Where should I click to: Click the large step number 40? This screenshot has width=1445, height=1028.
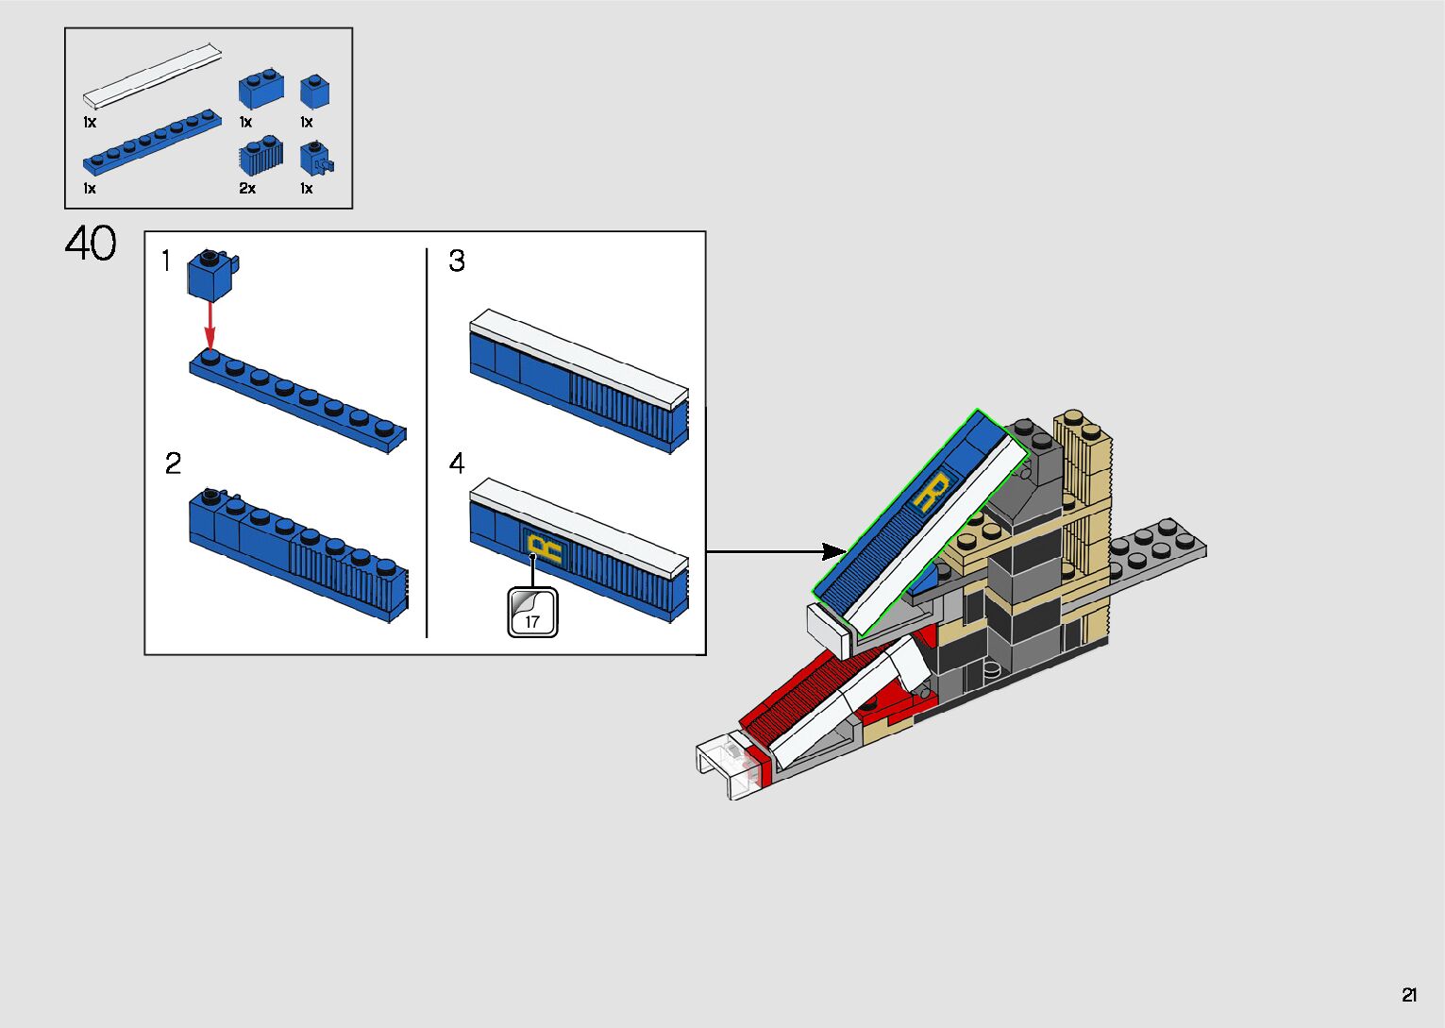[x=91, y=244]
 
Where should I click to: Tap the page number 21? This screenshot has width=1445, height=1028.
[x=1409, y=995]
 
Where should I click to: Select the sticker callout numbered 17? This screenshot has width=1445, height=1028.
[x=532, y=613]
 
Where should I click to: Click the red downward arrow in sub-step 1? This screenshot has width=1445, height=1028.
[x=210, y=325]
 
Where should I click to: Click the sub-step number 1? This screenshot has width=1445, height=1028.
[x=166, y=261]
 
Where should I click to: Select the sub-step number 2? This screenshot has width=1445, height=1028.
[x=173, y=463]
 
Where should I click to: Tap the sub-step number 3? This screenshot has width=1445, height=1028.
[x=457, y=261]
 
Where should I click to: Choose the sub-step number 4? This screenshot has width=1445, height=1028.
[x=457, y=463]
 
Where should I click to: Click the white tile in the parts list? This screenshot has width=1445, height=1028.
[x=153, y=74]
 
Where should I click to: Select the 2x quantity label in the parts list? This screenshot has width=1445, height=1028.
[x=247, y=189]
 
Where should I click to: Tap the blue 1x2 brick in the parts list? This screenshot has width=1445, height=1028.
[x=261, y=89]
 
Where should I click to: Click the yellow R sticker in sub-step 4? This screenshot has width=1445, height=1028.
[x=544, y=548]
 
